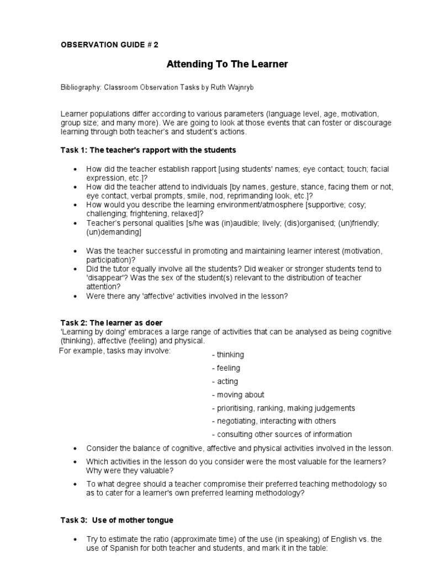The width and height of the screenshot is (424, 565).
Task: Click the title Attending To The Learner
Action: (227, 65)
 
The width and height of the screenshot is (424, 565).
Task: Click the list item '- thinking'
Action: (227, 355)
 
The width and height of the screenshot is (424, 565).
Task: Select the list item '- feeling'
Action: (226, 368)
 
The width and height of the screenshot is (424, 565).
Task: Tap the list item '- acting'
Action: (225, 381)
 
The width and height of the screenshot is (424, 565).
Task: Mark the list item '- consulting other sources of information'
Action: (282, 434)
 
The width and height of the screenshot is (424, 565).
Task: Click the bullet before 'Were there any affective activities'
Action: (75, 296)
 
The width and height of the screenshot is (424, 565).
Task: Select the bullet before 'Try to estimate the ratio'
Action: (75, 539)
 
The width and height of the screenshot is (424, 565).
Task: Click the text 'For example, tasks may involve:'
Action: (115, 351)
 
